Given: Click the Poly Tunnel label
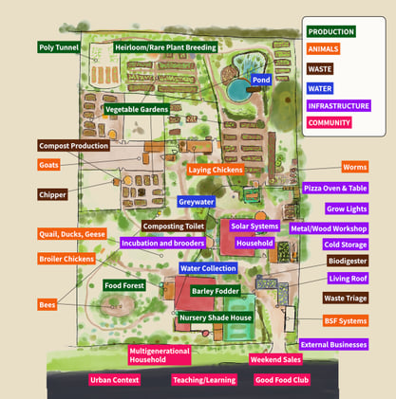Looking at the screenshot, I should coord(58,46).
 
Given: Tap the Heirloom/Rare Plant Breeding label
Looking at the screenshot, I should coord(165,46).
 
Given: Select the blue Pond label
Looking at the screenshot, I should coord(261,80).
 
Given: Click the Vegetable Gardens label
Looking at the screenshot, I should coord(137,110).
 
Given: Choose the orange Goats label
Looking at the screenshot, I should coord(48,165).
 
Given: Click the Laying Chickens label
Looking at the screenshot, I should coord(216,170).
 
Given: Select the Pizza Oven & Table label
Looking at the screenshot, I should coord(334,189).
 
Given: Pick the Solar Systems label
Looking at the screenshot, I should coord(255,227).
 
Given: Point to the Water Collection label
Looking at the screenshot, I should coord(208,268).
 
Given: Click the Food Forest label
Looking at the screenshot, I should coord(124,285).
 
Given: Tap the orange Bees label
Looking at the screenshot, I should coord(47,304).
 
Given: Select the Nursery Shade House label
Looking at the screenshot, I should coord(215,317).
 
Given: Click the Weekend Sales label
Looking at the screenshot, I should coord(276,359).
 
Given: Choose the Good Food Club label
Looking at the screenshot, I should coord(282,379).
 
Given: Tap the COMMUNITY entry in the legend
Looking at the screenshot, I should coord(330,122).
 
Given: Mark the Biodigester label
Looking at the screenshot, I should coord(348,261).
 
